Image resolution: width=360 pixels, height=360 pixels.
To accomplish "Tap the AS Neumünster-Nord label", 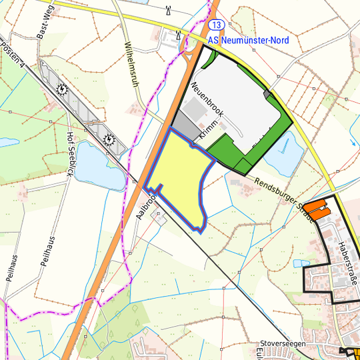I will point(248,41).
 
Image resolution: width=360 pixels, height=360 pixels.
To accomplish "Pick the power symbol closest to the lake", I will point(110,140).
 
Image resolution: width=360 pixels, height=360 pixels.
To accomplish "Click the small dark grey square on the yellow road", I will point(268,95).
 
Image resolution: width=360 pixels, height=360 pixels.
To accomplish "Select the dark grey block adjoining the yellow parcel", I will point(183,123).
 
